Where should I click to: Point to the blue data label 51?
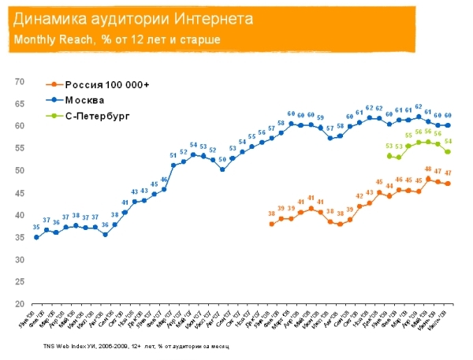pyautogui.click(x=173, y=155)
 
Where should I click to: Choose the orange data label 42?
pyautogui.click(x=359, y=196)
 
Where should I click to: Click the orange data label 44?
pyautogui.click(x=389, y=186)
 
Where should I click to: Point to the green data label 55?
pyautogui.click(x=408, y=135)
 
